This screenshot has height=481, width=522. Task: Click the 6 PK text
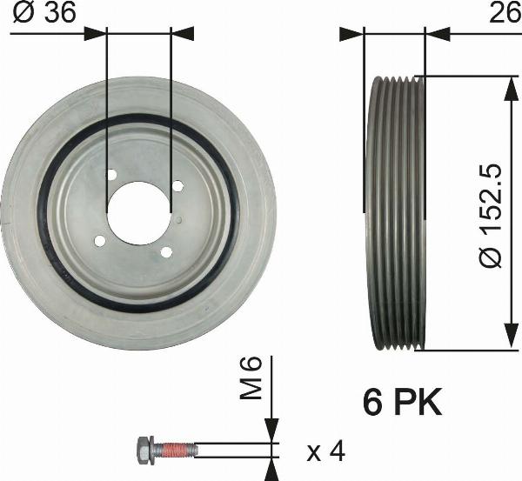point(402,402)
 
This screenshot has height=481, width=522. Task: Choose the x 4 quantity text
point(326,452)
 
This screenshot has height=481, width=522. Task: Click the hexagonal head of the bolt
point(144,450)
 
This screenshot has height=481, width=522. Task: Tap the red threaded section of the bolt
point(179,450)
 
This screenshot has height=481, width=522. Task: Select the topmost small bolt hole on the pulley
point(111,175)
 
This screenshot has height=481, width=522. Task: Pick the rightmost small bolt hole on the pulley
point(177,185)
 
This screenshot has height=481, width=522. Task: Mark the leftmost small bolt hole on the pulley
point(99,241)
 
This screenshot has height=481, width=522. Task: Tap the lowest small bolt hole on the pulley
point(164,252)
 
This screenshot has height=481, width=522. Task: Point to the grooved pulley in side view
point(397,213)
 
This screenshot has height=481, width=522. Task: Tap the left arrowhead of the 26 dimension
point(351,34)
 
